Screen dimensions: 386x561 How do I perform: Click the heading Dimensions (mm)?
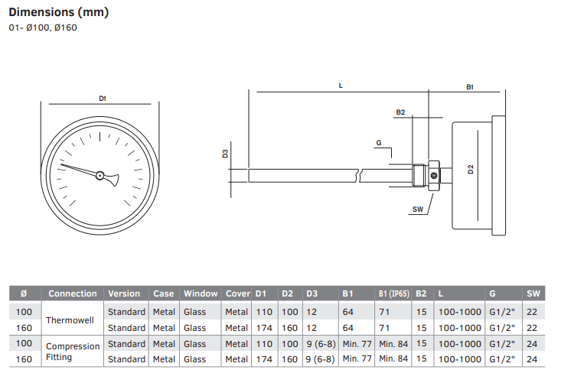(59, 12)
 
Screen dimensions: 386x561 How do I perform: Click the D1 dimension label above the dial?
(102, 98)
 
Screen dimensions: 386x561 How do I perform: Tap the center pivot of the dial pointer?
(99, 176)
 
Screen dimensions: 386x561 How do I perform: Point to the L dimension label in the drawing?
(340, 86)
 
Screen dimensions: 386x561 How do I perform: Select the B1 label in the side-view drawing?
(470, 88)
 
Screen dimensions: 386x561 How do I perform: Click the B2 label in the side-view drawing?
(400, 112)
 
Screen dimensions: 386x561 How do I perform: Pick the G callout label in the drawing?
(378, 143)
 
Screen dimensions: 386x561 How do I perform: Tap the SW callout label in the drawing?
(417, 209)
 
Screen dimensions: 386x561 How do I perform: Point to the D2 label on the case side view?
(471, 170)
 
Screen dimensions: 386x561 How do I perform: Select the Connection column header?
(73, 294)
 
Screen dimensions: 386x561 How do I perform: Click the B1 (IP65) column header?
(394, 294)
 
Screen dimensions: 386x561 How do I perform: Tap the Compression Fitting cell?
(73, 352)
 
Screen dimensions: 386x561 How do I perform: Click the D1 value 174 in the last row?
(263, 359)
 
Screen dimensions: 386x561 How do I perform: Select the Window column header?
(201, 294)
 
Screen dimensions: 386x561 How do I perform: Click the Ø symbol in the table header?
(24, 294)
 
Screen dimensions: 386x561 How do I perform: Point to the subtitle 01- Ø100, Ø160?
(43, 28)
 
